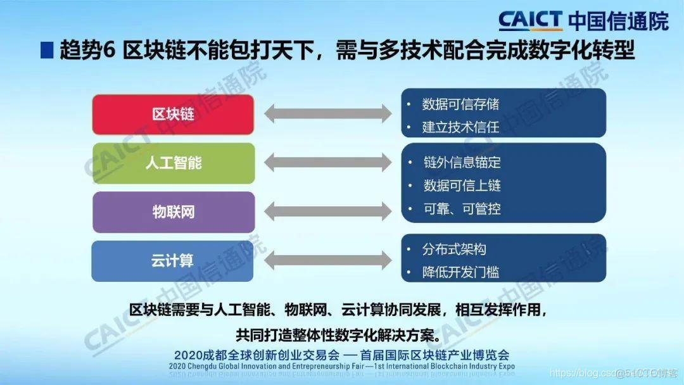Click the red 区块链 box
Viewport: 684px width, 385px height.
pos(173,115)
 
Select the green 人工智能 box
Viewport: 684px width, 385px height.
pos(173,163)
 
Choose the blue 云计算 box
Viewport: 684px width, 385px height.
pos(173,260)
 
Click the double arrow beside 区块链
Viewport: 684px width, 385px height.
pos(327,115)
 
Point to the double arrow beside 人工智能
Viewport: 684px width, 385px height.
pos(327,163)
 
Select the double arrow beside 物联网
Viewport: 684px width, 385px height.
pos(327,211)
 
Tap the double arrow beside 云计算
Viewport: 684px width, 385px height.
pos(327,260)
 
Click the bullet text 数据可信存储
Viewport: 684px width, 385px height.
pos(460,104)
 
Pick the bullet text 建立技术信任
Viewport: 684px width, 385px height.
pos(460,127)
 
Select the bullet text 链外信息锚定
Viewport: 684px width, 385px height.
pos(462,163)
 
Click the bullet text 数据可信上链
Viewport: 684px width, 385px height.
pos(462,186)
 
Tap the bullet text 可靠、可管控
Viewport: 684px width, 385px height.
pos(462,208)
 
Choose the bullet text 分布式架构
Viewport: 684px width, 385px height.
pos(454,249)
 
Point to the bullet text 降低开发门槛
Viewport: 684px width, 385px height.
pos(460,272)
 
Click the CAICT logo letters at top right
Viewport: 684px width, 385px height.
pos(530,20)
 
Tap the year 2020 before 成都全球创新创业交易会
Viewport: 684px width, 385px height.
pos(187,355)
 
